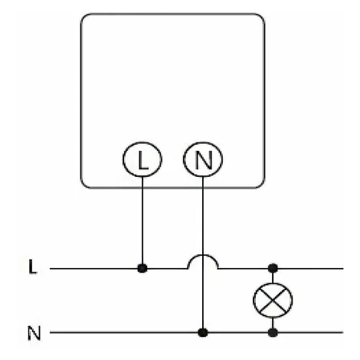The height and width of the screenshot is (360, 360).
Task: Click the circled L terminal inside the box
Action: [142, 159]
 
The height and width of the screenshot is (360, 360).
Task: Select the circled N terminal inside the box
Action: [203, 159]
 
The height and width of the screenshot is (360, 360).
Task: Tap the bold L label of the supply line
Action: [33, 267]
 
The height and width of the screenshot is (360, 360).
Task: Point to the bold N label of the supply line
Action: [34, 333]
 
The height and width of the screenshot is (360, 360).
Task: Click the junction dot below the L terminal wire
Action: [142, 268]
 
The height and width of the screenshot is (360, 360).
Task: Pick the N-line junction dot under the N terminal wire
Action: [203, 332]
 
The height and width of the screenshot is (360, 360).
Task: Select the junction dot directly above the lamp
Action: [273, 268]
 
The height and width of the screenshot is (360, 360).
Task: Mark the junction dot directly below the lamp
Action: [273, 332]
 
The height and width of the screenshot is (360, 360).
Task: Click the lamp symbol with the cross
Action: [273, 300]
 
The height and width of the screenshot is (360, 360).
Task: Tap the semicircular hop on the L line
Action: [203, 255]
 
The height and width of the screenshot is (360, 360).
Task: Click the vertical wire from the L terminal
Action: [142, 220]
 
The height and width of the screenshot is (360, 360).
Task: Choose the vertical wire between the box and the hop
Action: [203, 215]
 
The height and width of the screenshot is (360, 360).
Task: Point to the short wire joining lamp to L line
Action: [273, 278]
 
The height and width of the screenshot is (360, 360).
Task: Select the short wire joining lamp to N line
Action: [273, 323]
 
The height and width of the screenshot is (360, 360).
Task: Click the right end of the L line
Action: [343, 269]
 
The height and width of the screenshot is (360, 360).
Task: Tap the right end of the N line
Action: [343, 332]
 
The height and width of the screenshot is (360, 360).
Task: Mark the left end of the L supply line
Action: [51, 269]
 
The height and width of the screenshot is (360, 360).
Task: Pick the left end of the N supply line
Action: [51, 332]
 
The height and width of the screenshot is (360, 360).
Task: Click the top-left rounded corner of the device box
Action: [83, 17]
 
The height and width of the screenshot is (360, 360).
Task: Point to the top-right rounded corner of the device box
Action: [261, 17]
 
